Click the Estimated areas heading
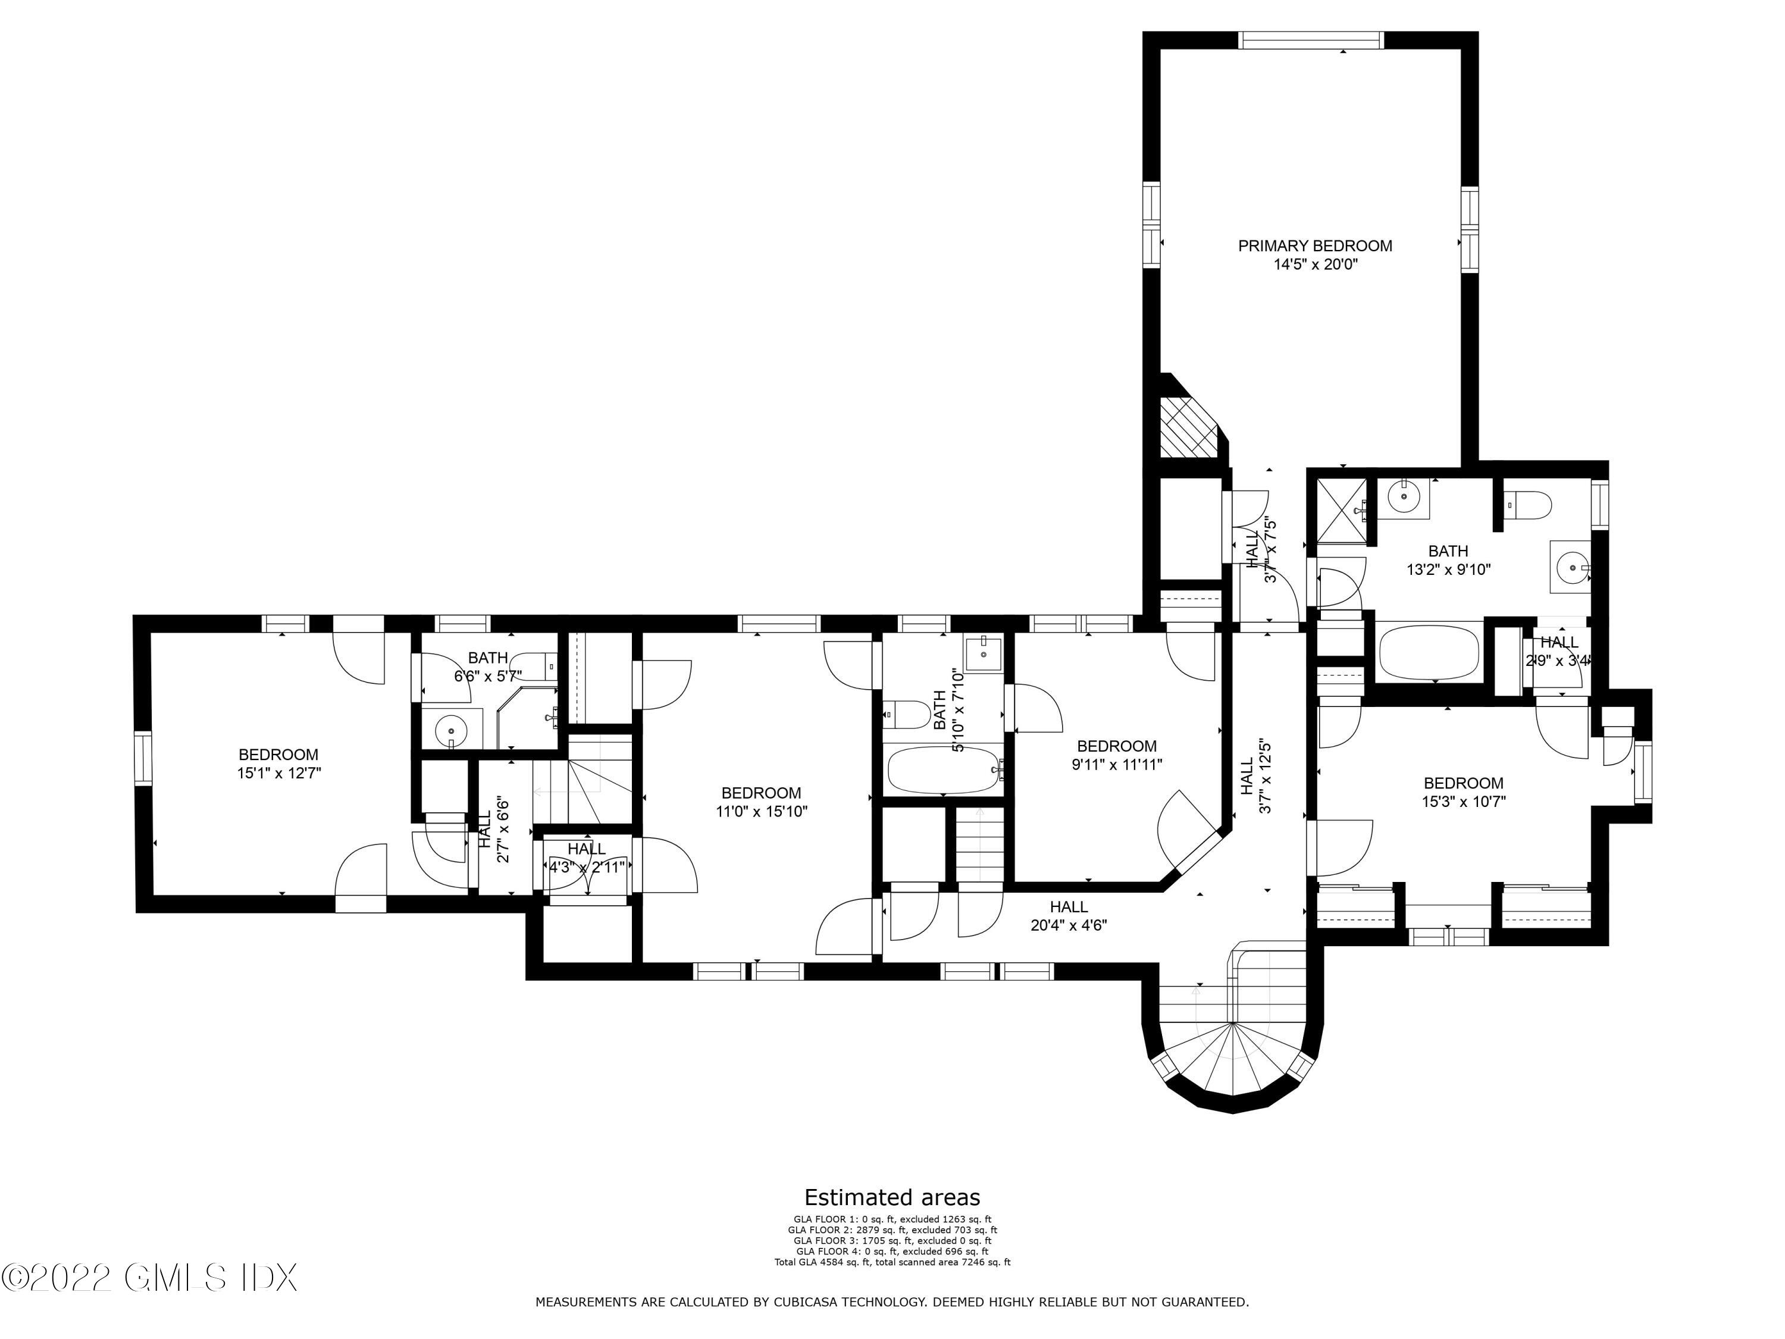(892, 1197)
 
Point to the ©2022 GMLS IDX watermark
(150, 1278)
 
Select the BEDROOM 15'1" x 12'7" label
(278, 764)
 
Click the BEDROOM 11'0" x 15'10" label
(761, 802)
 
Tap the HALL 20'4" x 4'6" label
(1069, 916)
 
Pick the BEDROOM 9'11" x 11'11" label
(1117, 755)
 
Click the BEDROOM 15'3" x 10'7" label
(1463, 791)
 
